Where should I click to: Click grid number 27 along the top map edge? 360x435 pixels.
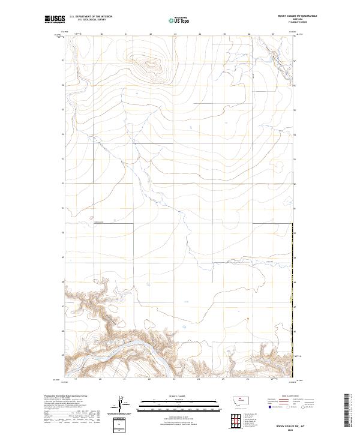point(273,34)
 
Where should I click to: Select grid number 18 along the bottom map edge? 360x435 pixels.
point(76,379)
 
